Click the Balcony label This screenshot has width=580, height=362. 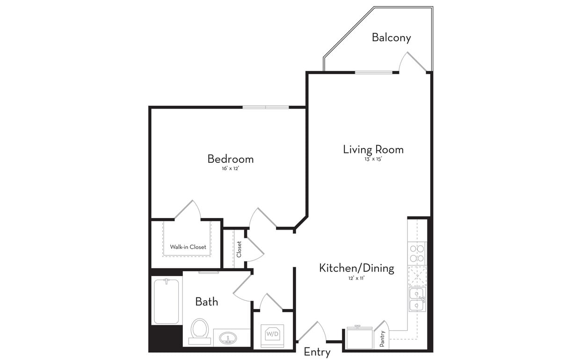(391, 37)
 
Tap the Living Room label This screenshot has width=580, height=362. (373, 150)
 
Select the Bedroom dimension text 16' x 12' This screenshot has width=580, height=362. (231, 168)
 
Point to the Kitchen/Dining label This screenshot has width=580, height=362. (356, 268)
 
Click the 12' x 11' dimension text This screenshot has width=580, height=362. (356, 278)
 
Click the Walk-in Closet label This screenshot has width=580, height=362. (188, 247)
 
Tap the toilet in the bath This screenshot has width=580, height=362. (200, 330)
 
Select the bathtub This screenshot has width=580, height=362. (166, 301)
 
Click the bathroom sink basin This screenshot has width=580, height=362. (228, 338)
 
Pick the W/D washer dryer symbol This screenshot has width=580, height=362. (273, 334)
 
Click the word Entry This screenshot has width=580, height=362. (317, 352)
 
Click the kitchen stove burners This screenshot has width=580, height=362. (417, 253)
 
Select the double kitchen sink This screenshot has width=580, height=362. (417, 299)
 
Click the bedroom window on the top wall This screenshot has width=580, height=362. (266, 107)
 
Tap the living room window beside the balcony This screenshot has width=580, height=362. (373, 72)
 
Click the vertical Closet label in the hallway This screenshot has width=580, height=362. (239, 249)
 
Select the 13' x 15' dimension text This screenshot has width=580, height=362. (372, 159)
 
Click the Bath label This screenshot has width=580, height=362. (206, 302)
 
